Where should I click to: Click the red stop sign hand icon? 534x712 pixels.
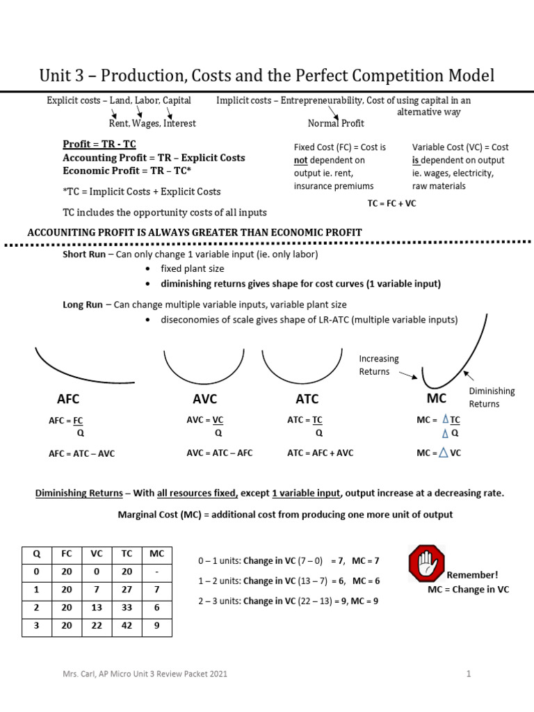tap(426, 563)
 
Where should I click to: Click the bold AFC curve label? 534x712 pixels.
tap(68, 399)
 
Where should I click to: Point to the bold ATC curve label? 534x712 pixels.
tap(307, 399)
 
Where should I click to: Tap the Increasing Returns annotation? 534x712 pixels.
tap(378, 365)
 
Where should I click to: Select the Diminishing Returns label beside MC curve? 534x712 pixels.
tap(492, 397)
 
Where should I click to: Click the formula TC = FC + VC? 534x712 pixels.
tap(392, 204)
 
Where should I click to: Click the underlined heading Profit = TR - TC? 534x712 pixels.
tap(99, 145)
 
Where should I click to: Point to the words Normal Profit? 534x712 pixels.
tap(336, 123)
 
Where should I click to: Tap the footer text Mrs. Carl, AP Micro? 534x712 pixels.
tap(143, 674)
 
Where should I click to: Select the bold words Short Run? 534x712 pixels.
tap(83, 254)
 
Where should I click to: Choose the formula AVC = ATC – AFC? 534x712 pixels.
tap(220, 453)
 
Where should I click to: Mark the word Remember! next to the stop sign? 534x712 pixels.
tap(472, 575)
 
